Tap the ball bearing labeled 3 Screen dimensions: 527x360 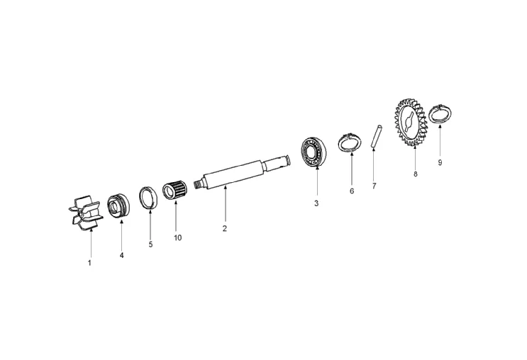pos(314,152)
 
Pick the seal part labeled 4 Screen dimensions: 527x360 pos(119,206)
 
